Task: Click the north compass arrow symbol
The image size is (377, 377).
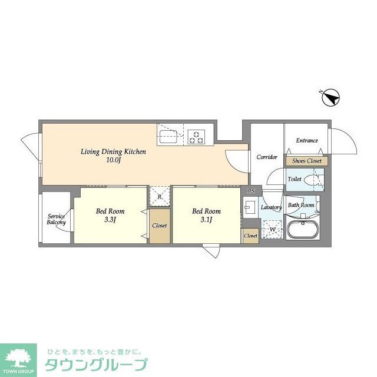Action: point(332,97)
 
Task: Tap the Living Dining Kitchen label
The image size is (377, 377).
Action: point(113,156)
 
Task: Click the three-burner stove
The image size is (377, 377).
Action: point(196,137)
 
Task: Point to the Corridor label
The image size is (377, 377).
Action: point(267,157)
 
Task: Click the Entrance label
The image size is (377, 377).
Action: point(307,141)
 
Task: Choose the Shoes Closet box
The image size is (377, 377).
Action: point(306,161)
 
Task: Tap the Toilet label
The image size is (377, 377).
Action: point(295,179)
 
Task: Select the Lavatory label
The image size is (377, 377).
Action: point(272,207)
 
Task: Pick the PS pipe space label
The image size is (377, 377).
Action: point(252,191)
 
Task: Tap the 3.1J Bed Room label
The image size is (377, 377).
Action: point(206,215)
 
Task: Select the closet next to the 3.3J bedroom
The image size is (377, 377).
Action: point(159,226)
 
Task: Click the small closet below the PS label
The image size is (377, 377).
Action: point(250,236)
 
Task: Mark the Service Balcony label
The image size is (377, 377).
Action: point(57,219)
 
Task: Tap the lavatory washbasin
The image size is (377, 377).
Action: point(250,207)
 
